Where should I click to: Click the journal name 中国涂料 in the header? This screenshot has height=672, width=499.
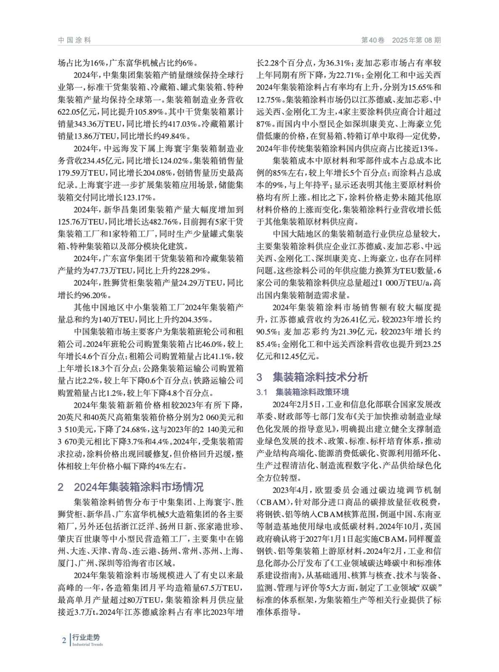pyautogui.click(x=74, y=40)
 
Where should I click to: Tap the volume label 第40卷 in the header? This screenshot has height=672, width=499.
pyautogui.click(x=373, y=40)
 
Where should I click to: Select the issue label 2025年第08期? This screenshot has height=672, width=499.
pyautogui.click(x=417, y=40)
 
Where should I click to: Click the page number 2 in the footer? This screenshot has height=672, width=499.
pyautogui.click(x=64, y=640)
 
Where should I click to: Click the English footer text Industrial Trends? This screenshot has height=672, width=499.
pyautogui.click(x=87, y=645)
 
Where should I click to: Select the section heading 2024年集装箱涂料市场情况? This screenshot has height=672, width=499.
pyautogui.click(x=138, y=487)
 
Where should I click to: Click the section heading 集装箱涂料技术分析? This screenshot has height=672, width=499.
pyautogui.click(x=320, y=377)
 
